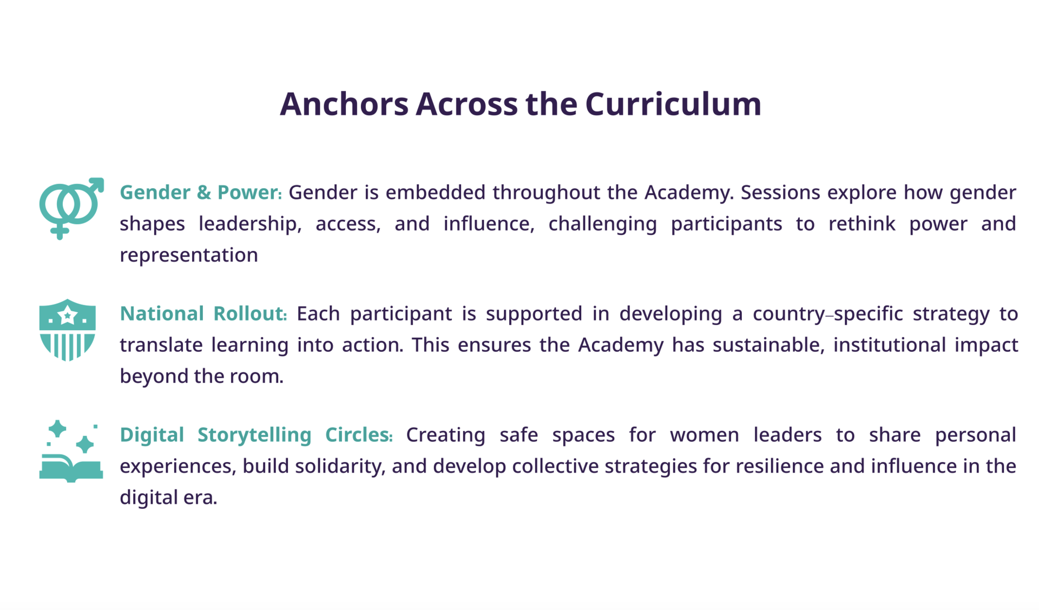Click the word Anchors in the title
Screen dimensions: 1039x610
344,103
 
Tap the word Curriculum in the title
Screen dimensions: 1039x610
673,103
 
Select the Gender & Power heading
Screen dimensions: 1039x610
201,193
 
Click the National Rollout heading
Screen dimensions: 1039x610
203,314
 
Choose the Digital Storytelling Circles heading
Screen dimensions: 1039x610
256,435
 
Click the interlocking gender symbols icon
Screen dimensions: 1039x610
71,209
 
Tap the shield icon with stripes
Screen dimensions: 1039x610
67,330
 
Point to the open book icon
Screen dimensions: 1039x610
71,468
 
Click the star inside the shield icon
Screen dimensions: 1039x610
68,315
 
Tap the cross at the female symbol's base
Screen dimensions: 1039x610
60,232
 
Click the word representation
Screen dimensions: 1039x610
189,255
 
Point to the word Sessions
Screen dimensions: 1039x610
780,193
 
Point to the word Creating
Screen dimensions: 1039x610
445,435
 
